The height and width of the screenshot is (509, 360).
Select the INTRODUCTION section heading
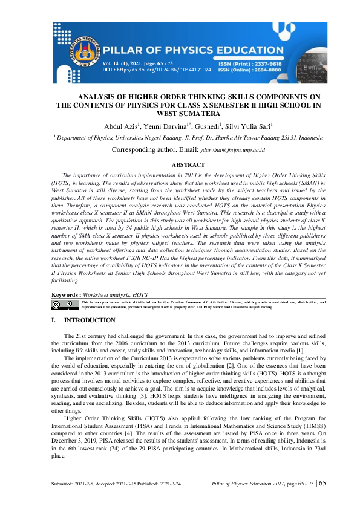click(90, 320)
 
